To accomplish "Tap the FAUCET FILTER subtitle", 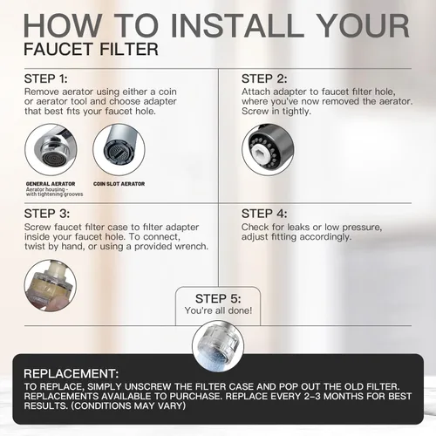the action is [92, 49].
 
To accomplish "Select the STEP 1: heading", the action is [46, 78].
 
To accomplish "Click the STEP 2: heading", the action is [264, 78].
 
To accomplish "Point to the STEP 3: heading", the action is [47, 214].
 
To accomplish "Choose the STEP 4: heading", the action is [264, 214].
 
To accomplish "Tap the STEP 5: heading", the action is [218, 298].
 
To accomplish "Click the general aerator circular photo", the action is [51, 150].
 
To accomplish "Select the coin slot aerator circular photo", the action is [119, 150].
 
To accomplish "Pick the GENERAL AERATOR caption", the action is [51, 184].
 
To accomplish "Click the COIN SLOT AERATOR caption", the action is [119, 184].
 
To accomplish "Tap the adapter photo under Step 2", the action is [268, 150].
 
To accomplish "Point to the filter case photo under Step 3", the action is [51, 285].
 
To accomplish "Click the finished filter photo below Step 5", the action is [218, 346].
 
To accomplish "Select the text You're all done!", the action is [218, 310].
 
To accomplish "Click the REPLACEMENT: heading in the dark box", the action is [72, 373].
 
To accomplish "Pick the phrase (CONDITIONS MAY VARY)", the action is [128, 405].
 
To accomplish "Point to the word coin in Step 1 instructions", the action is [167, 92].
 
